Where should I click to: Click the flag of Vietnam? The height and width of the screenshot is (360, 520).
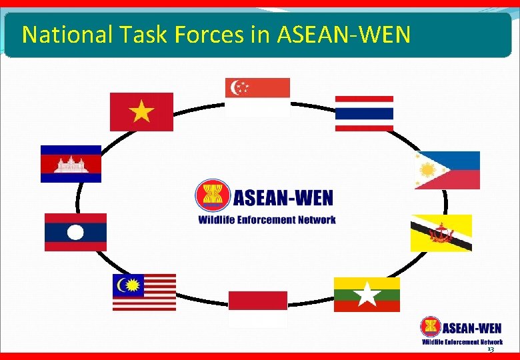tap(141, 111)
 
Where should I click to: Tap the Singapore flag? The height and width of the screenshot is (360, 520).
tap(257, 97)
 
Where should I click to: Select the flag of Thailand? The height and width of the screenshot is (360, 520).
tap(364, 113)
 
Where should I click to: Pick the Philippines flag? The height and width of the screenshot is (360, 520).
tap(447, 170)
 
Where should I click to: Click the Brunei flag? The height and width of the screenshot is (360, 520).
tap(441, 233)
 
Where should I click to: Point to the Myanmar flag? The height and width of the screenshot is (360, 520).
tap(367, 294)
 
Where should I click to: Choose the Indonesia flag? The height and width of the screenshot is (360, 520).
tap(258, 309)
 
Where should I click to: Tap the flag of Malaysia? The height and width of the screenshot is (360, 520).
tap(144, 292)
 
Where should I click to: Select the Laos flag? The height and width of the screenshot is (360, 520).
tap(75, 232)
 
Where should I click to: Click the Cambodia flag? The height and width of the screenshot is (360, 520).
tap(71, 163)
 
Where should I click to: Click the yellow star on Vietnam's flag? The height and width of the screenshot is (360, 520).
tap(141, 111)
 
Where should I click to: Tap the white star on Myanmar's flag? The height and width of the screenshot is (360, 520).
tap(367, 294)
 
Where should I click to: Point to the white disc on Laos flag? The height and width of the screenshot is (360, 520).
tap(75, 232)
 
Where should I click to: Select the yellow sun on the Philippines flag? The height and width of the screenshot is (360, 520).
tap(427, 171)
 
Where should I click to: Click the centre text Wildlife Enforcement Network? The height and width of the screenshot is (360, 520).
tap(267, 219)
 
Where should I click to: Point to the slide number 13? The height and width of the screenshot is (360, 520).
tap(491, 349)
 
